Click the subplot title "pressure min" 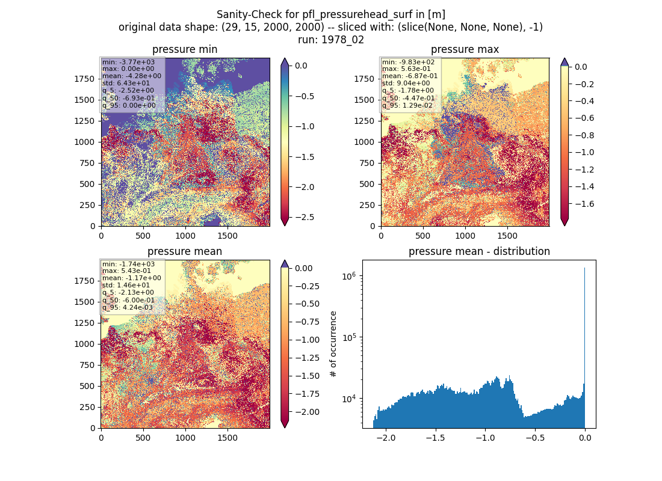(x=185, y=49)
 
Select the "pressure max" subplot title (x=465, y=49)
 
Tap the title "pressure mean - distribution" (x=479, y=251)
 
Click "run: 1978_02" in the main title (x=331, y=40)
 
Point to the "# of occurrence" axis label (x=333, y=345)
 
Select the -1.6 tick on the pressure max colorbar (x=584, y=204)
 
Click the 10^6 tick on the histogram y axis (x=350, y=277)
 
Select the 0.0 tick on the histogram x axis (x=585, y=438)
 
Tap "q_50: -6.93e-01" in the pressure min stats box (x=128, y=99)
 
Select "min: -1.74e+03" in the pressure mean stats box (x=128, y=264)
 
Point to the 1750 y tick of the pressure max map (x=364, y=79)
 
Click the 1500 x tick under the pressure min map (x=227, y=236)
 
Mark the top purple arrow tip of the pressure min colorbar (x=285, y=59)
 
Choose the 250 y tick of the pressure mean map (x=87, y=407)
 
